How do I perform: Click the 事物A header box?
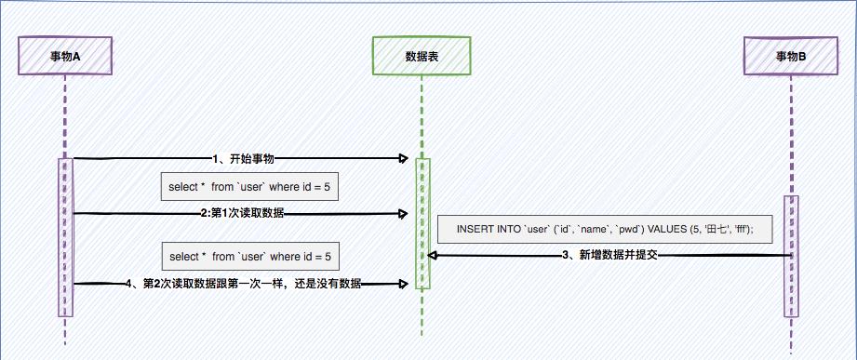pos(65,56)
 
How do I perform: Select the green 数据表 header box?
pos(422,56)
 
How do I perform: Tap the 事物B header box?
pos(791,56)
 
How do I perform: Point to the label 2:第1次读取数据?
pos(242,213)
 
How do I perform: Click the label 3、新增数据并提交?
pos(611,255)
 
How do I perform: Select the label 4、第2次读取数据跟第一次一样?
pos(243,283)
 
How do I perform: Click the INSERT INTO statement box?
pos(605,229)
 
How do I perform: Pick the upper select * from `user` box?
pos(249,187)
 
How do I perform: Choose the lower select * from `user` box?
pos(249,256)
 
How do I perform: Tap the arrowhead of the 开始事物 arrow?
pos(404,159)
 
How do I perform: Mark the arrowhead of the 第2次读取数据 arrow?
pos(404,283)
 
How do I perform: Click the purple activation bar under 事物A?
pos(65,237)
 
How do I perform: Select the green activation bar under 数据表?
pos(422,223)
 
